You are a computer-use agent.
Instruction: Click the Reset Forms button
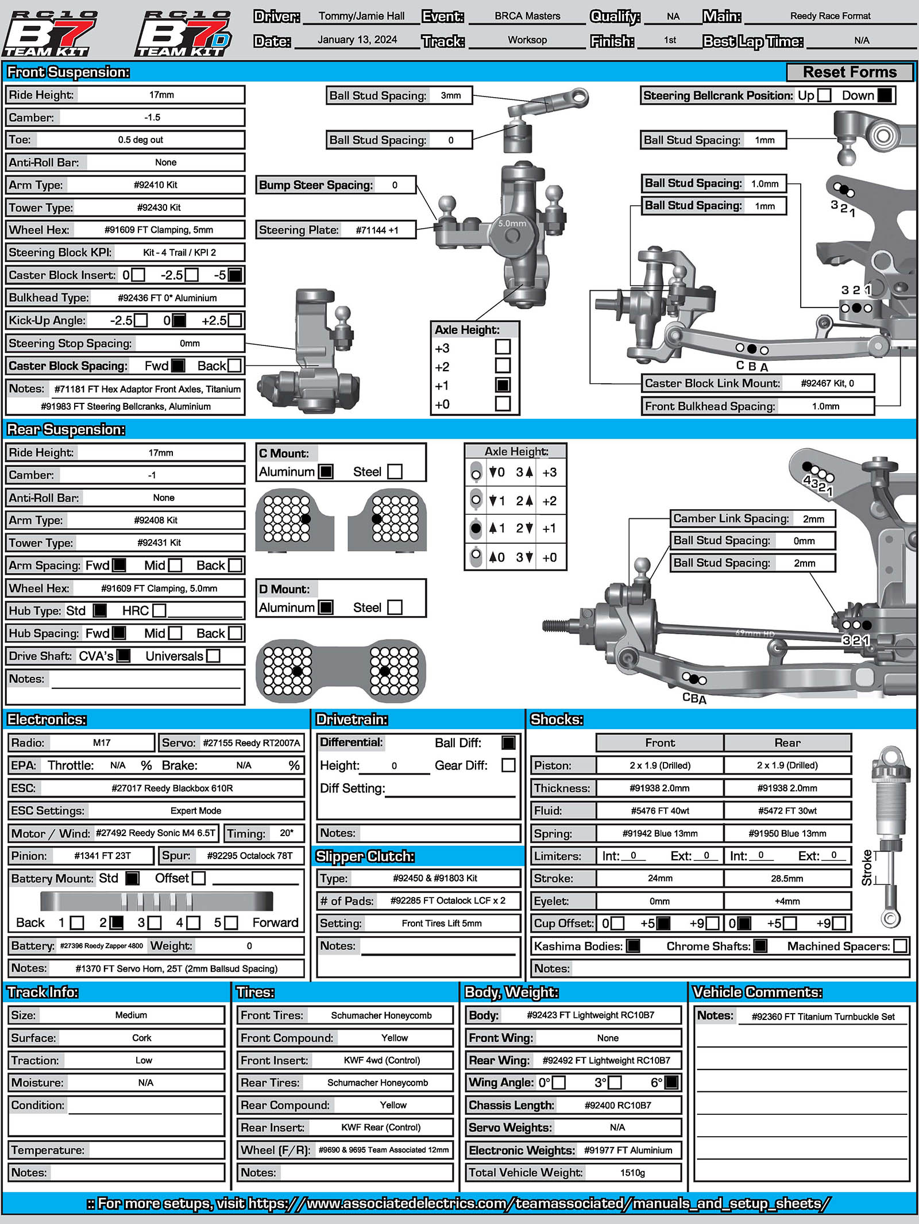(850, 72)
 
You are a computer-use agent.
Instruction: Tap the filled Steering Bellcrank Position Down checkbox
(885, 95)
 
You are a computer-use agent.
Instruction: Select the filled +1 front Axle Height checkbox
(503, 385)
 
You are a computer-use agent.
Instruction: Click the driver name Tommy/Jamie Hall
(361, 16)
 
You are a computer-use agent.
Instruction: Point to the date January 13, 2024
(357, 40)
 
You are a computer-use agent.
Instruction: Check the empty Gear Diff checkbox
(508, 765)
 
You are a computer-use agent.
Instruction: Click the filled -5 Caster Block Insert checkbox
(235, 275)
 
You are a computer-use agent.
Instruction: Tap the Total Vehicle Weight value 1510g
(632, 1172)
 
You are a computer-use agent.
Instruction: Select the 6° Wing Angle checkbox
(671, 1083)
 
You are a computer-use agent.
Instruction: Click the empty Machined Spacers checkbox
(901, 946)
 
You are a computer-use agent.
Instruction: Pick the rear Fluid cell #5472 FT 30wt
(787, 811)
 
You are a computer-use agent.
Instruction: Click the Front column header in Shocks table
(659, 742)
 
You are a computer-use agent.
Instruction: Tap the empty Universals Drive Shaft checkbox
(213, 656)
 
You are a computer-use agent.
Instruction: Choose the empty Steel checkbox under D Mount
(395, 607)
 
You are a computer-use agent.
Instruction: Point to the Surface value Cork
(141, 1038)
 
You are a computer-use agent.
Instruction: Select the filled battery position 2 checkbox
(117, 923)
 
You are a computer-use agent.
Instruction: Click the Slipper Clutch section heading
(365, 856)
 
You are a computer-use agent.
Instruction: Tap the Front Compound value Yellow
(394, 1038)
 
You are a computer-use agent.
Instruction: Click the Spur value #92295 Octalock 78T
(249, 856)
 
